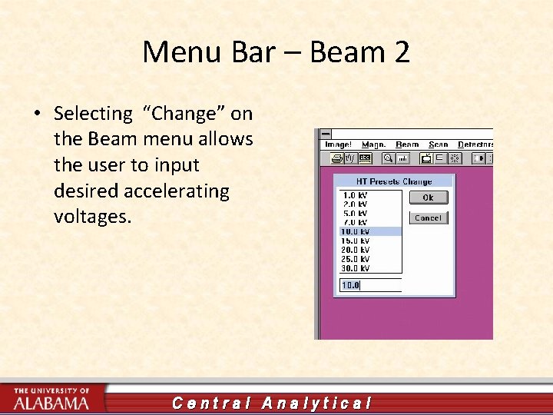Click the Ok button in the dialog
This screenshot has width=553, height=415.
[428, 198]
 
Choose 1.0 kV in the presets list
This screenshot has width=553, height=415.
[355, 195]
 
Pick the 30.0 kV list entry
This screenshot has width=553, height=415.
[355, 268]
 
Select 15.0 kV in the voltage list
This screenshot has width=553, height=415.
[355, 241]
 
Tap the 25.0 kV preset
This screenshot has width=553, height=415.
[355, 259]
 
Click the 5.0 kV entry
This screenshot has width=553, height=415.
[355, 214]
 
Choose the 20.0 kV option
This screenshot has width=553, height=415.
[355, 250]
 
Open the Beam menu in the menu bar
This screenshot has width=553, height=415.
[407, 144]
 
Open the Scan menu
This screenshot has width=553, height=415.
[439, 144]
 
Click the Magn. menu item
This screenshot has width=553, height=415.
[373, 144]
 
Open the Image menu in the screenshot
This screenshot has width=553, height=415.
[338, 144]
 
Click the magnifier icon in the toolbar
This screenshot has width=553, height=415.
[388, 158]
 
